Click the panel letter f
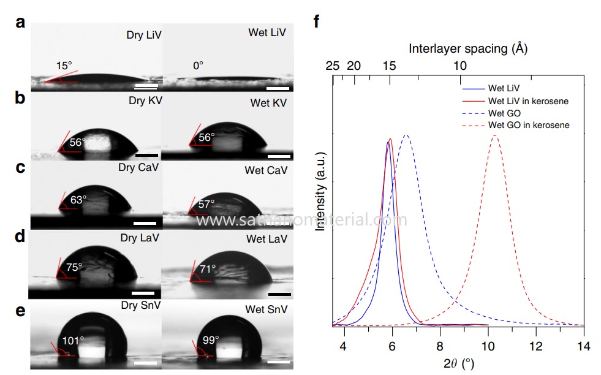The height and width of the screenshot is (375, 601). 317,23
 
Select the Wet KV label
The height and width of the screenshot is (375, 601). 268,102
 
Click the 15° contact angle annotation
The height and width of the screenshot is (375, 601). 64,66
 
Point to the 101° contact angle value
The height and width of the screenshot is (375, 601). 73,339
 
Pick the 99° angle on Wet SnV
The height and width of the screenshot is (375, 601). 211,339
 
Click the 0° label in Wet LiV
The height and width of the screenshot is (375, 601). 198,65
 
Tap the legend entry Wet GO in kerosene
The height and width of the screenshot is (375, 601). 529,125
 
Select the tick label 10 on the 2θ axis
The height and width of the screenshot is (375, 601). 488,347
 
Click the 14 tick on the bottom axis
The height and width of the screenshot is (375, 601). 584,347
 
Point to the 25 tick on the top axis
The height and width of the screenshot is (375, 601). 333,66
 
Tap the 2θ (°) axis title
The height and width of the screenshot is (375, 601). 458,363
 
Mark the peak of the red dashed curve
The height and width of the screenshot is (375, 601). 495,135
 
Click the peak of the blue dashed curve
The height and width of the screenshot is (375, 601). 405,135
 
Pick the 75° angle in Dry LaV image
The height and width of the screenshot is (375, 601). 74,267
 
